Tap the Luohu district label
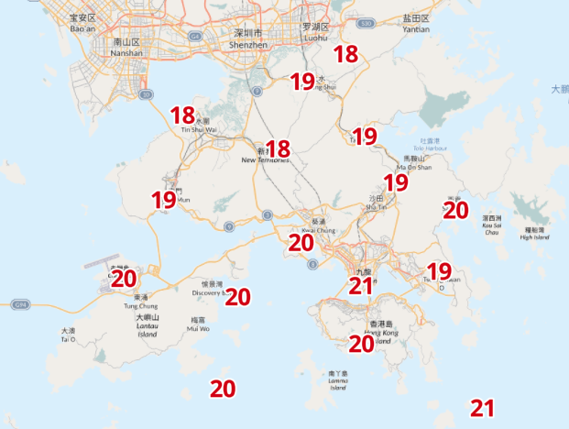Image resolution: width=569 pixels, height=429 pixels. tap(315, 33)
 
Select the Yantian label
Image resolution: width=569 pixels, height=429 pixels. tap(416, 23)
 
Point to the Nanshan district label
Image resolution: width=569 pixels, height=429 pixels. tap(125, 48)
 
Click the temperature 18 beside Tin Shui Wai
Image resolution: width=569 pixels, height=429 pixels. tap(182, 115)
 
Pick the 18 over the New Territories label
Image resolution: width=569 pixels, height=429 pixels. tap(278, 148)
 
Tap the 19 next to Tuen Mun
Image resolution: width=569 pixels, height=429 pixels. tap(164, 200)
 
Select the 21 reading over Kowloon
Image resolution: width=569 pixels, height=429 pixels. tap(361, 287)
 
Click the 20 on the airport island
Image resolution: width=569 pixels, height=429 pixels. tap(124, 279)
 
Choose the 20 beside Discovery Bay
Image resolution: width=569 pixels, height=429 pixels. tap(237, 297)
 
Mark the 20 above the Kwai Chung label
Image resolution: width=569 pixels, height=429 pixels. tap(301, 243)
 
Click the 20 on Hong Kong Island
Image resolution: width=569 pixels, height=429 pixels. tap(361, 344)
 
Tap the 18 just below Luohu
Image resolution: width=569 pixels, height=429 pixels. tap(345, 54)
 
